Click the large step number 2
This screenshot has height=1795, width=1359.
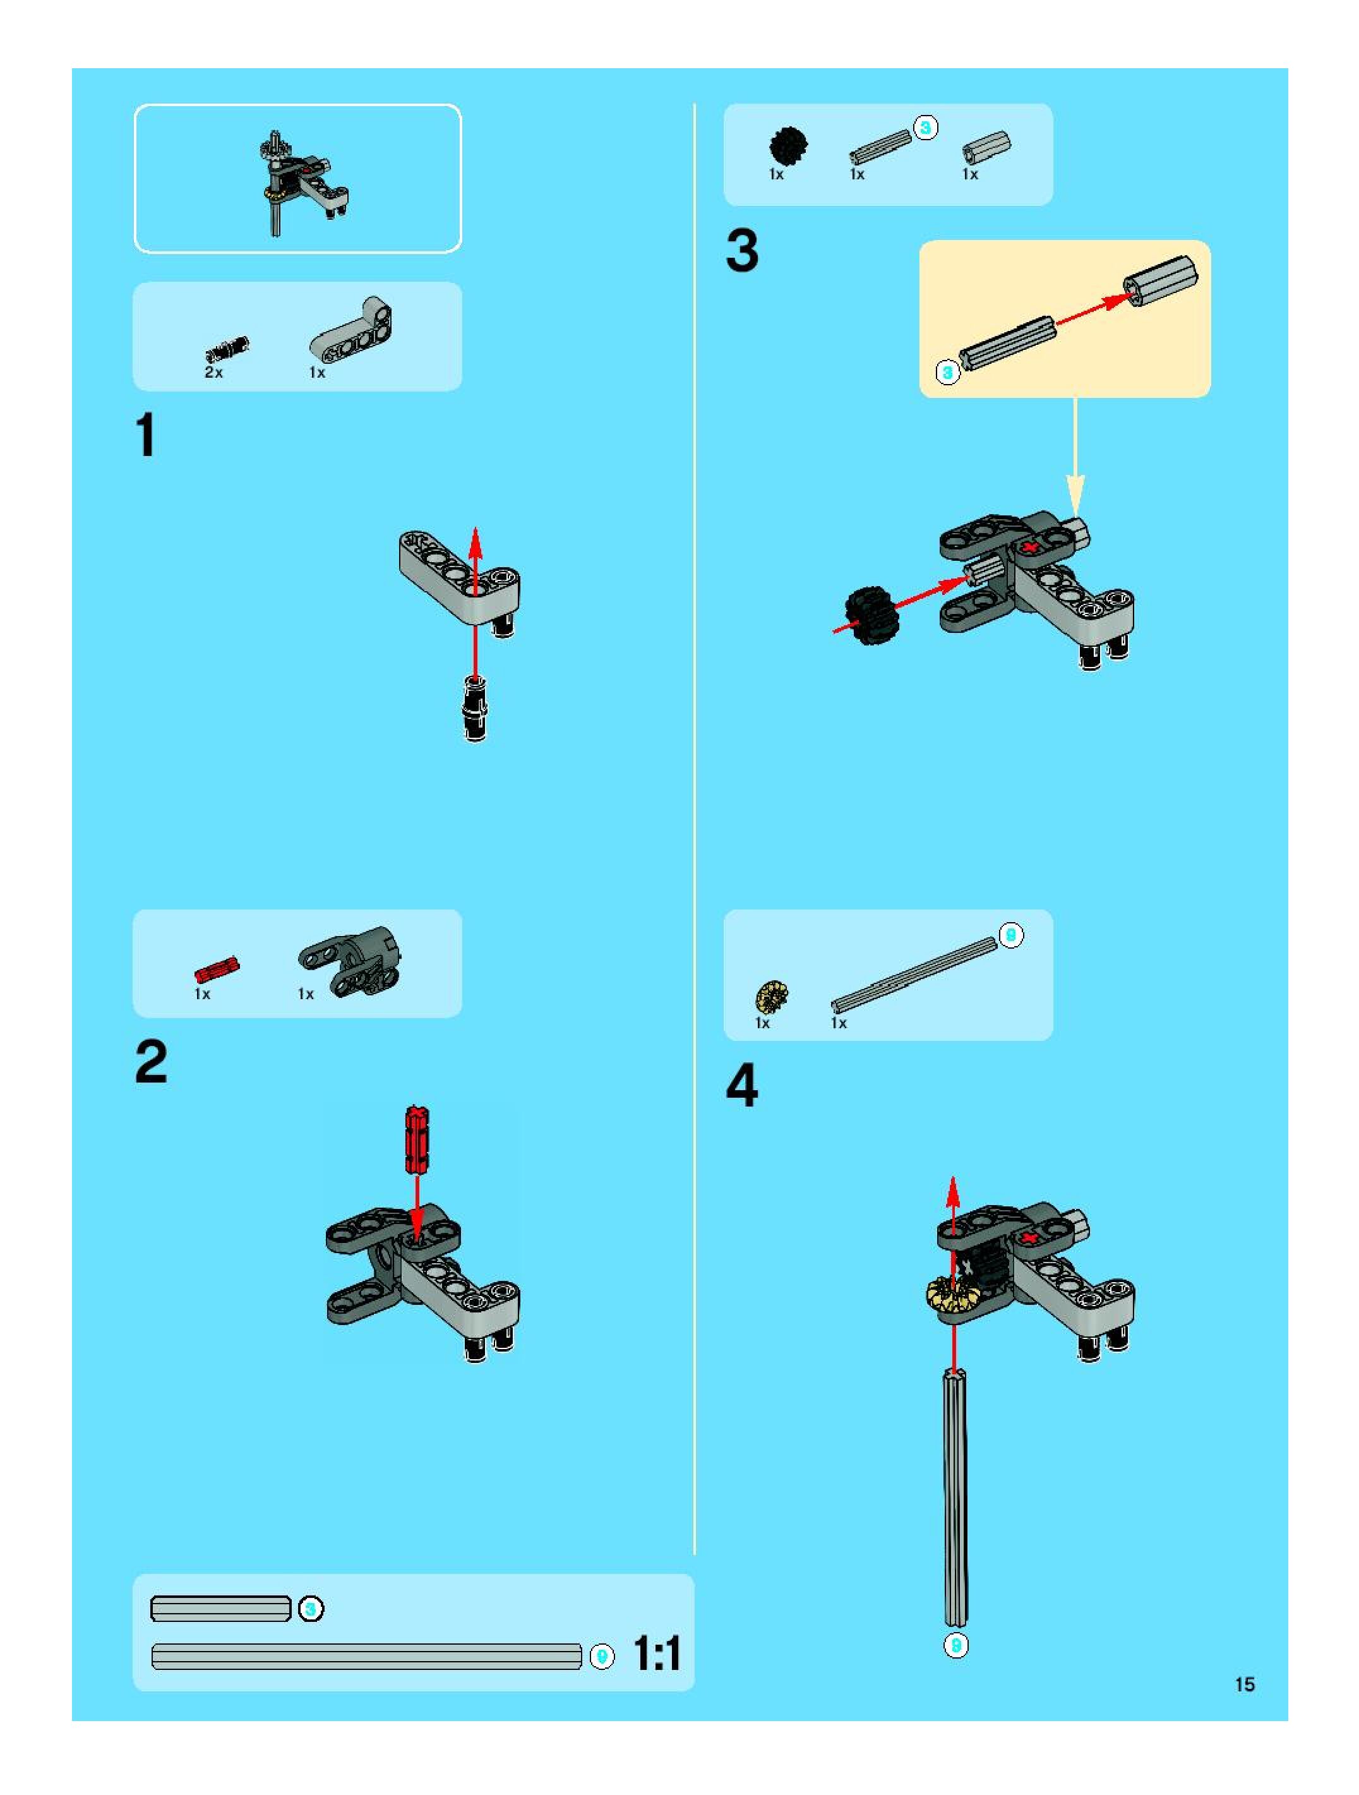tap(151, 1062)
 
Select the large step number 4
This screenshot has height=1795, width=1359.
tap(741, 1086)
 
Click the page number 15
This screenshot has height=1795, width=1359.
tap(1245, 1684)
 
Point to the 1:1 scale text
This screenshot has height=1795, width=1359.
tap(656, 1653)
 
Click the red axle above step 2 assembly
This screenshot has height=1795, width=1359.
tap(417, 1139)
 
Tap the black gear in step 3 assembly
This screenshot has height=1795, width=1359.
tap(869, 616)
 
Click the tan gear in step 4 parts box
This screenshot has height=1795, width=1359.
tap(772, 995)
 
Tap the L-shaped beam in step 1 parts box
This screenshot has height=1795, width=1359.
tap(350, 330)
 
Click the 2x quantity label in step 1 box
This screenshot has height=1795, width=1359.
tap(213, 373)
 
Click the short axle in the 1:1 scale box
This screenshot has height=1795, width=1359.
tap(220, 1608)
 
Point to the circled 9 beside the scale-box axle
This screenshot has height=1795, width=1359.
tap(602, 1656)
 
